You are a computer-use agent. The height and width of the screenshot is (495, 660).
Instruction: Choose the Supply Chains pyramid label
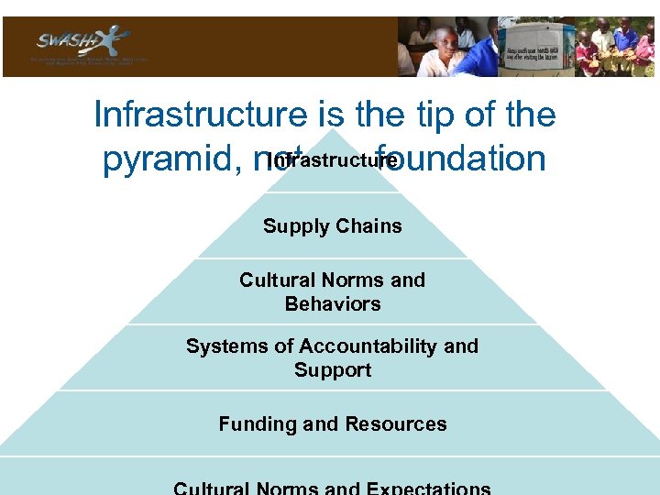coord(332,226)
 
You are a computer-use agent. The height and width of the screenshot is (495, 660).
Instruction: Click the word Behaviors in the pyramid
coord(333,303)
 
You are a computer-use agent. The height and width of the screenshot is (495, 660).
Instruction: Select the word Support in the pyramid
coord(333,370)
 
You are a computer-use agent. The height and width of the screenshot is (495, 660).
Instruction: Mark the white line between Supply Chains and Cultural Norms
coord(332,258)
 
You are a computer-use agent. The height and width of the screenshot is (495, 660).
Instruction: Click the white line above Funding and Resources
coord(332,390)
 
